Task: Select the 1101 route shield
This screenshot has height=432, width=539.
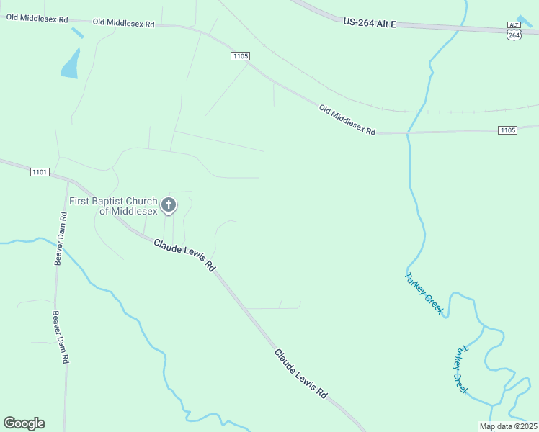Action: click(x=40, y=172)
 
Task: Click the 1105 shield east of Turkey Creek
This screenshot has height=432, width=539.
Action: click(x=507, y=130)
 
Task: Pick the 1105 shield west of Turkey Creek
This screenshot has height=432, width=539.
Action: click(x=240, y=55)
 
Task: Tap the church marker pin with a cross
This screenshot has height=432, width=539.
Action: click(x=169, y=205)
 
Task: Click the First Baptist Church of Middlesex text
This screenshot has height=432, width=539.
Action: click(x=112, y=206)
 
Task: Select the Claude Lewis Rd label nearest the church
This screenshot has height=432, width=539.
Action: click(x=184, y=255)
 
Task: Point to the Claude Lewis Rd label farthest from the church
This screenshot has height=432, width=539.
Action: click(x=300, y=374)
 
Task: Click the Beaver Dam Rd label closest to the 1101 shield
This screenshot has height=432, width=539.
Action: click(x=61, y=239)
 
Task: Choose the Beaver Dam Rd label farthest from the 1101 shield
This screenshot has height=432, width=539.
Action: click(x=60, y=337)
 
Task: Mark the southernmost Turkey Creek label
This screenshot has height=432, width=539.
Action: click(x=460, y=370)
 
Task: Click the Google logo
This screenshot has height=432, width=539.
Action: click(x=24, y=423)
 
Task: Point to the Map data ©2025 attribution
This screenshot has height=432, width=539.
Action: click(x=508, y=426)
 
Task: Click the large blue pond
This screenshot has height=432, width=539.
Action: click(x=71, y=65)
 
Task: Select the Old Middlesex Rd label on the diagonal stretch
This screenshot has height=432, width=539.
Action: click(x=347, y=120)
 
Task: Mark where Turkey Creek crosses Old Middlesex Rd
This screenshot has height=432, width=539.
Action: click(x=409, y=133)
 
